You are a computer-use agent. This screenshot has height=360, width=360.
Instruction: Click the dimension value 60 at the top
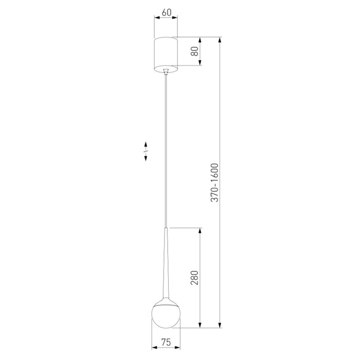(167, 12)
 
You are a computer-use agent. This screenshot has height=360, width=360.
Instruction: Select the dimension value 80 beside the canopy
(195, 51)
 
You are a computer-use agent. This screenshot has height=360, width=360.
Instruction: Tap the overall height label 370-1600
(214, 183)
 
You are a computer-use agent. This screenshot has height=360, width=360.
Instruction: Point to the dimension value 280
(194, 278)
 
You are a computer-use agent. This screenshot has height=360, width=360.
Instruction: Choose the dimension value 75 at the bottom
(166, 342)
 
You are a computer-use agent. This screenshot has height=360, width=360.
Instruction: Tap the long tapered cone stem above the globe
(166, 263)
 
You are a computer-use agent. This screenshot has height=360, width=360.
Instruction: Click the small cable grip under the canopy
(166, 71)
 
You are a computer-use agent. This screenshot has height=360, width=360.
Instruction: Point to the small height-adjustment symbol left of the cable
(146, 152)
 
